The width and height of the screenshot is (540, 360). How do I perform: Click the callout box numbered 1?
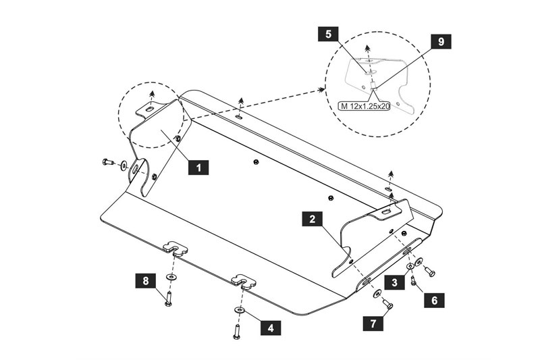point(198,167)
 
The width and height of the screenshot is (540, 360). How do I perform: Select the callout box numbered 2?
point(312,218)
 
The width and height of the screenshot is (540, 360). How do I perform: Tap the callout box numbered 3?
point(394,282)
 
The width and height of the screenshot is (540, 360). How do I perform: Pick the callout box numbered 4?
point(271,328)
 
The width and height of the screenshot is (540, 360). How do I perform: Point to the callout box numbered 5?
point(328,34)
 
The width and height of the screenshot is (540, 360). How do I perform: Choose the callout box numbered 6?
point(434,300)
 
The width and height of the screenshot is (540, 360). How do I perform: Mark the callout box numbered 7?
point(373,324)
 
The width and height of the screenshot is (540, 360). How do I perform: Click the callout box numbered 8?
point(145,280)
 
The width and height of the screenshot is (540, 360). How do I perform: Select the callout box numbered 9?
point(441,41)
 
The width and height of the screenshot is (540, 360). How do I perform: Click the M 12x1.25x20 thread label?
point(364,107)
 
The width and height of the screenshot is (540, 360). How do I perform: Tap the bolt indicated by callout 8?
point(168,299)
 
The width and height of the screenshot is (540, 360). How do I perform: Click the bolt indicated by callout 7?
point(387,304)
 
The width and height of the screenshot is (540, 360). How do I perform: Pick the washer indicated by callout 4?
point(239,311)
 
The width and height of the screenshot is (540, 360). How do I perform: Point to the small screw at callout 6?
point(413,282)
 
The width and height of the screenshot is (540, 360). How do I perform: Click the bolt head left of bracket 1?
point(107,161)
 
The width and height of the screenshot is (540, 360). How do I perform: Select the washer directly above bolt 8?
point(171,276)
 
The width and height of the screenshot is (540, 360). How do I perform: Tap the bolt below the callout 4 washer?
point(237,332)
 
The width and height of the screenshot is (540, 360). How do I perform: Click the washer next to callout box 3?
point(410,266)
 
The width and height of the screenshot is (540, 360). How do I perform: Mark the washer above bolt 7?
point(377,294)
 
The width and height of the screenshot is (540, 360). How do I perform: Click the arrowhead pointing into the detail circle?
point(323,90)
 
